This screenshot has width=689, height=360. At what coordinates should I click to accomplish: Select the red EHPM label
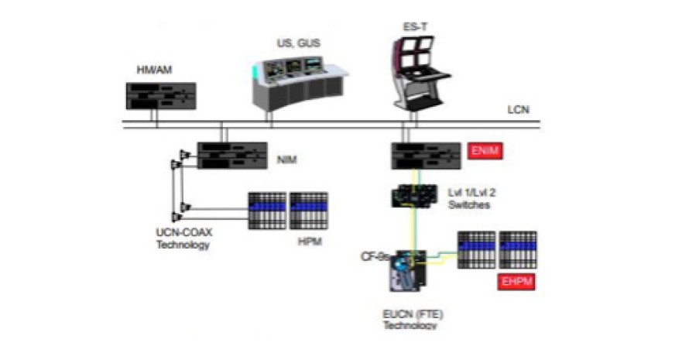click(x=516, y=280)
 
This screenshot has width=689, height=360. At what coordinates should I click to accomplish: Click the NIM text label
click(x=287, y=160)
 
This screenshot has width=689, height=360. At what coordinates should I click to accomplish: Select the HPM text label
click(x=307, y=242)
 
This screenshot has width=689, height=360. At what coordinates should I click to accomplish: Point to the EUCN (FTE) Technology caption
click(x=410, y=320)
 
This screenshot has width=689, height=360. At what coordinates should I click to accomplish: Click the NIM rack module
click(x=231, y=155)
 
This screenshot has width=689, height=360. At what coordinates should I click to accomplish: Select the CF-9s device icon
click(x=407, y=272)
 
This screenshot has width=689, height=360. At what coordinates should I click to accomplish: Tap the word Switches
click(x=471, y=206)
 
